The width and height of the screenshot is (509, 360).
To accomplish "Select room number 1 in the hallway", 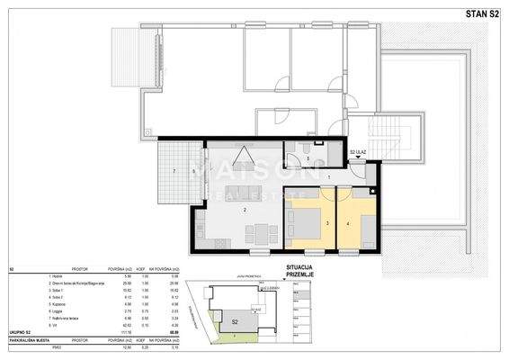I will [x=329, y=178].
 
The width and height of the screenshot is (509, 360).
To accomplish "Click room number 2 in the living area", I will [x=244, y=210].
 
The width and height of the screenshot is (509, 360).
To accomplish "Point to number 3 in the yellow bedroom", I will [x=327, y=222].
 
